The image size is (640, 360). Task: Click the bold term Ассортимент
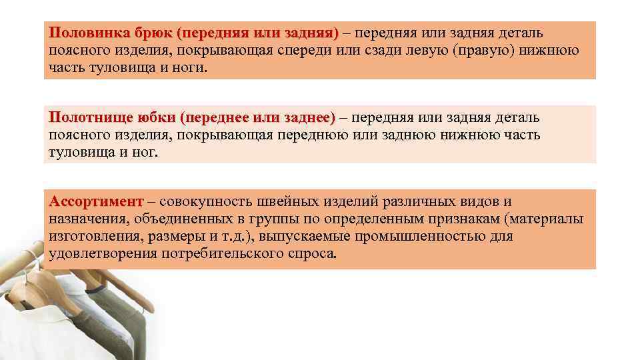[x=96, y=202]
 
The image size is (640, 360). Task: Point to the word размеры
[x=177, y=237]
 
